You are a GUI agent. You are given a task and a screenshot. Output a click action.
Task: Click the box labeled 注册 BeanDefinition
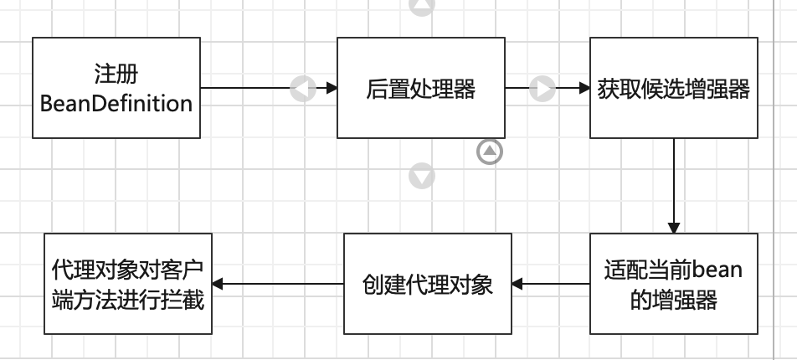click(x=116, y=87)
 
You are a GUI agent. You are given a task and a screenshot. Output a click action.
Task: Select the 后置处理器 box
click(x=420, y=87)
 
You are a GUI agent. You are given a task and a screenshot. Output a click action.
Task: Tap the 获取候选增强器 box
click(x=673, y=87)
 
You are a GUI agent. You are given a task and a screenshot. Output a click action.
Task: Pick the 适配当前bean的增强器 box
click(x=673, y=284)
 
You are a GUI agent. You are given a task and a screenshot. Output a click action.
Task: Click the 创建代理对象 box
click(x=428, y=284)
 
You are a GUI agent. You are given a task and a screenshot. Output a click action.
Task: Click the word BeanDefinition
click(x=116, y=105)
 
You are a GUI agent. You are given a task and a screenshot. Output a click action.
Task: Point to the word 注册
click(x=116, y=74)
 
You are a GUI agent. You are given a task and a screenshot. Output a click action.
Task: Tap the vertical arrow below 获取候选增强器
click(x=674, y=184)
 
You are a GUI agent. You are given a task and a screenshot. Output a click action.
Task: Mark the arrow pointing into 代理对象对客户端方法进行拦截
click(x=276, y=285)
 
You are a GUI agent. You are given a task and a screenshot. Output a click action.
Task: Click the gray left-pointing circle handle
click(x=302, y=88)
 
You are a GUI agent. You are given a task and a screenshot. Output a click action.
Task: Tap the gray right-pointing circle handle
click(x=542, y=88)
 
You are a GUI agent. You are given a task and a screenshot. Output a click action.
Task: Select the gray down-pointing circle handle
click(x=422, y=176)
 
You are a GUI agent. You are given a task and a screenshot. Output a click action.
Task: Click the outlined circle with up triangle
click(x=491, y=152)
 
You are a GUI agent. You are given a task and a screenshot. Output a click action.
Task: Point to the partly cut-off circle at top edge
click(x=422, y=6)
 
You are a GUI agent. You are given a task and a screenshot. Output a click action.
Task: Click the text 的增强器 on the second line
click(x=673, y=300)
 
